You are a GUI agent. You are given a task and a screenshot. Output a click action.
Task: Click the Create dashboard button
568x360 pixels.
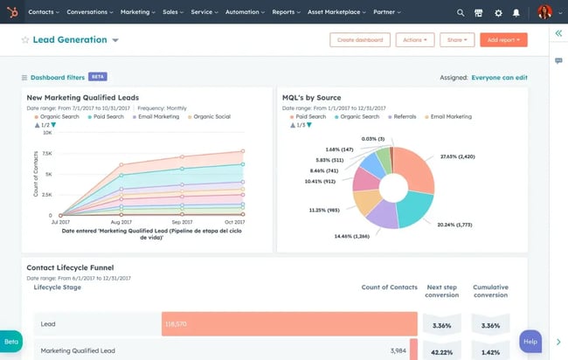[360, 40]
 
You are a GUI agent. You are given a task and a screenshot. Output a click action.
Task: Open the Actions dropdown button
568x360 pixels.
[414, 40]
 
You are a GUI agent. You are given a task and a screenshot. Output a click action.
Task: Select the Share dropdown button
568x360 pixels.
[457, 40]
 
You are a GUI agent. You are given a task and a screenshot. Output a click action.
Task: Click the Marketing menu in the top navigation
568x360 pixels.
[137, 13]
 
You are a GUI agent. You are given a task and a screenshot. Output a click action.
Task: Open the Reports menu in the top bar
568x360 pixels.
[286, 13]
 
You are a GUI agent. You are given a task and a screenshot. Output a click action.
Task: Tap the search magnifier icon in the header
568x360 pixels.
[461, 13]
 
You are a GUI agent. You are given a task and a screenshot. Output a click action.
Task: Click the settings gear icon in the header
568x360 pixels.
[498, 13]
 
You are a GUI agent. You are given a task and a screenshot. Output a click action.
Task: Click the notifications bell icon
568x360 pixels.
[516, 13]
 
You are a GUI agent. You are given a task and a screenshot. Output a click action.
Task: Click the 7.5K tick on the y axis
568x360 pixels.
[46, 153]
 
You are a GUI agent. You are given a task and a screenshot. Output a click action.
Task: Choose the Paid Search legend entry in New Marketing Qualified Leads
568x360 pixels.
[106, 116]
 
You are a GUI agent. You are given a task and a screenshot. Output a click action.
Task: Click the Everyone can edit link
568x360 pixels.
[499, 78]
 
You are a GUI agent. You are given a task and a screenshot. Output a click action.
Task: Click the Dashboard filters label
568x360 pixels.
[57, 78]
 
